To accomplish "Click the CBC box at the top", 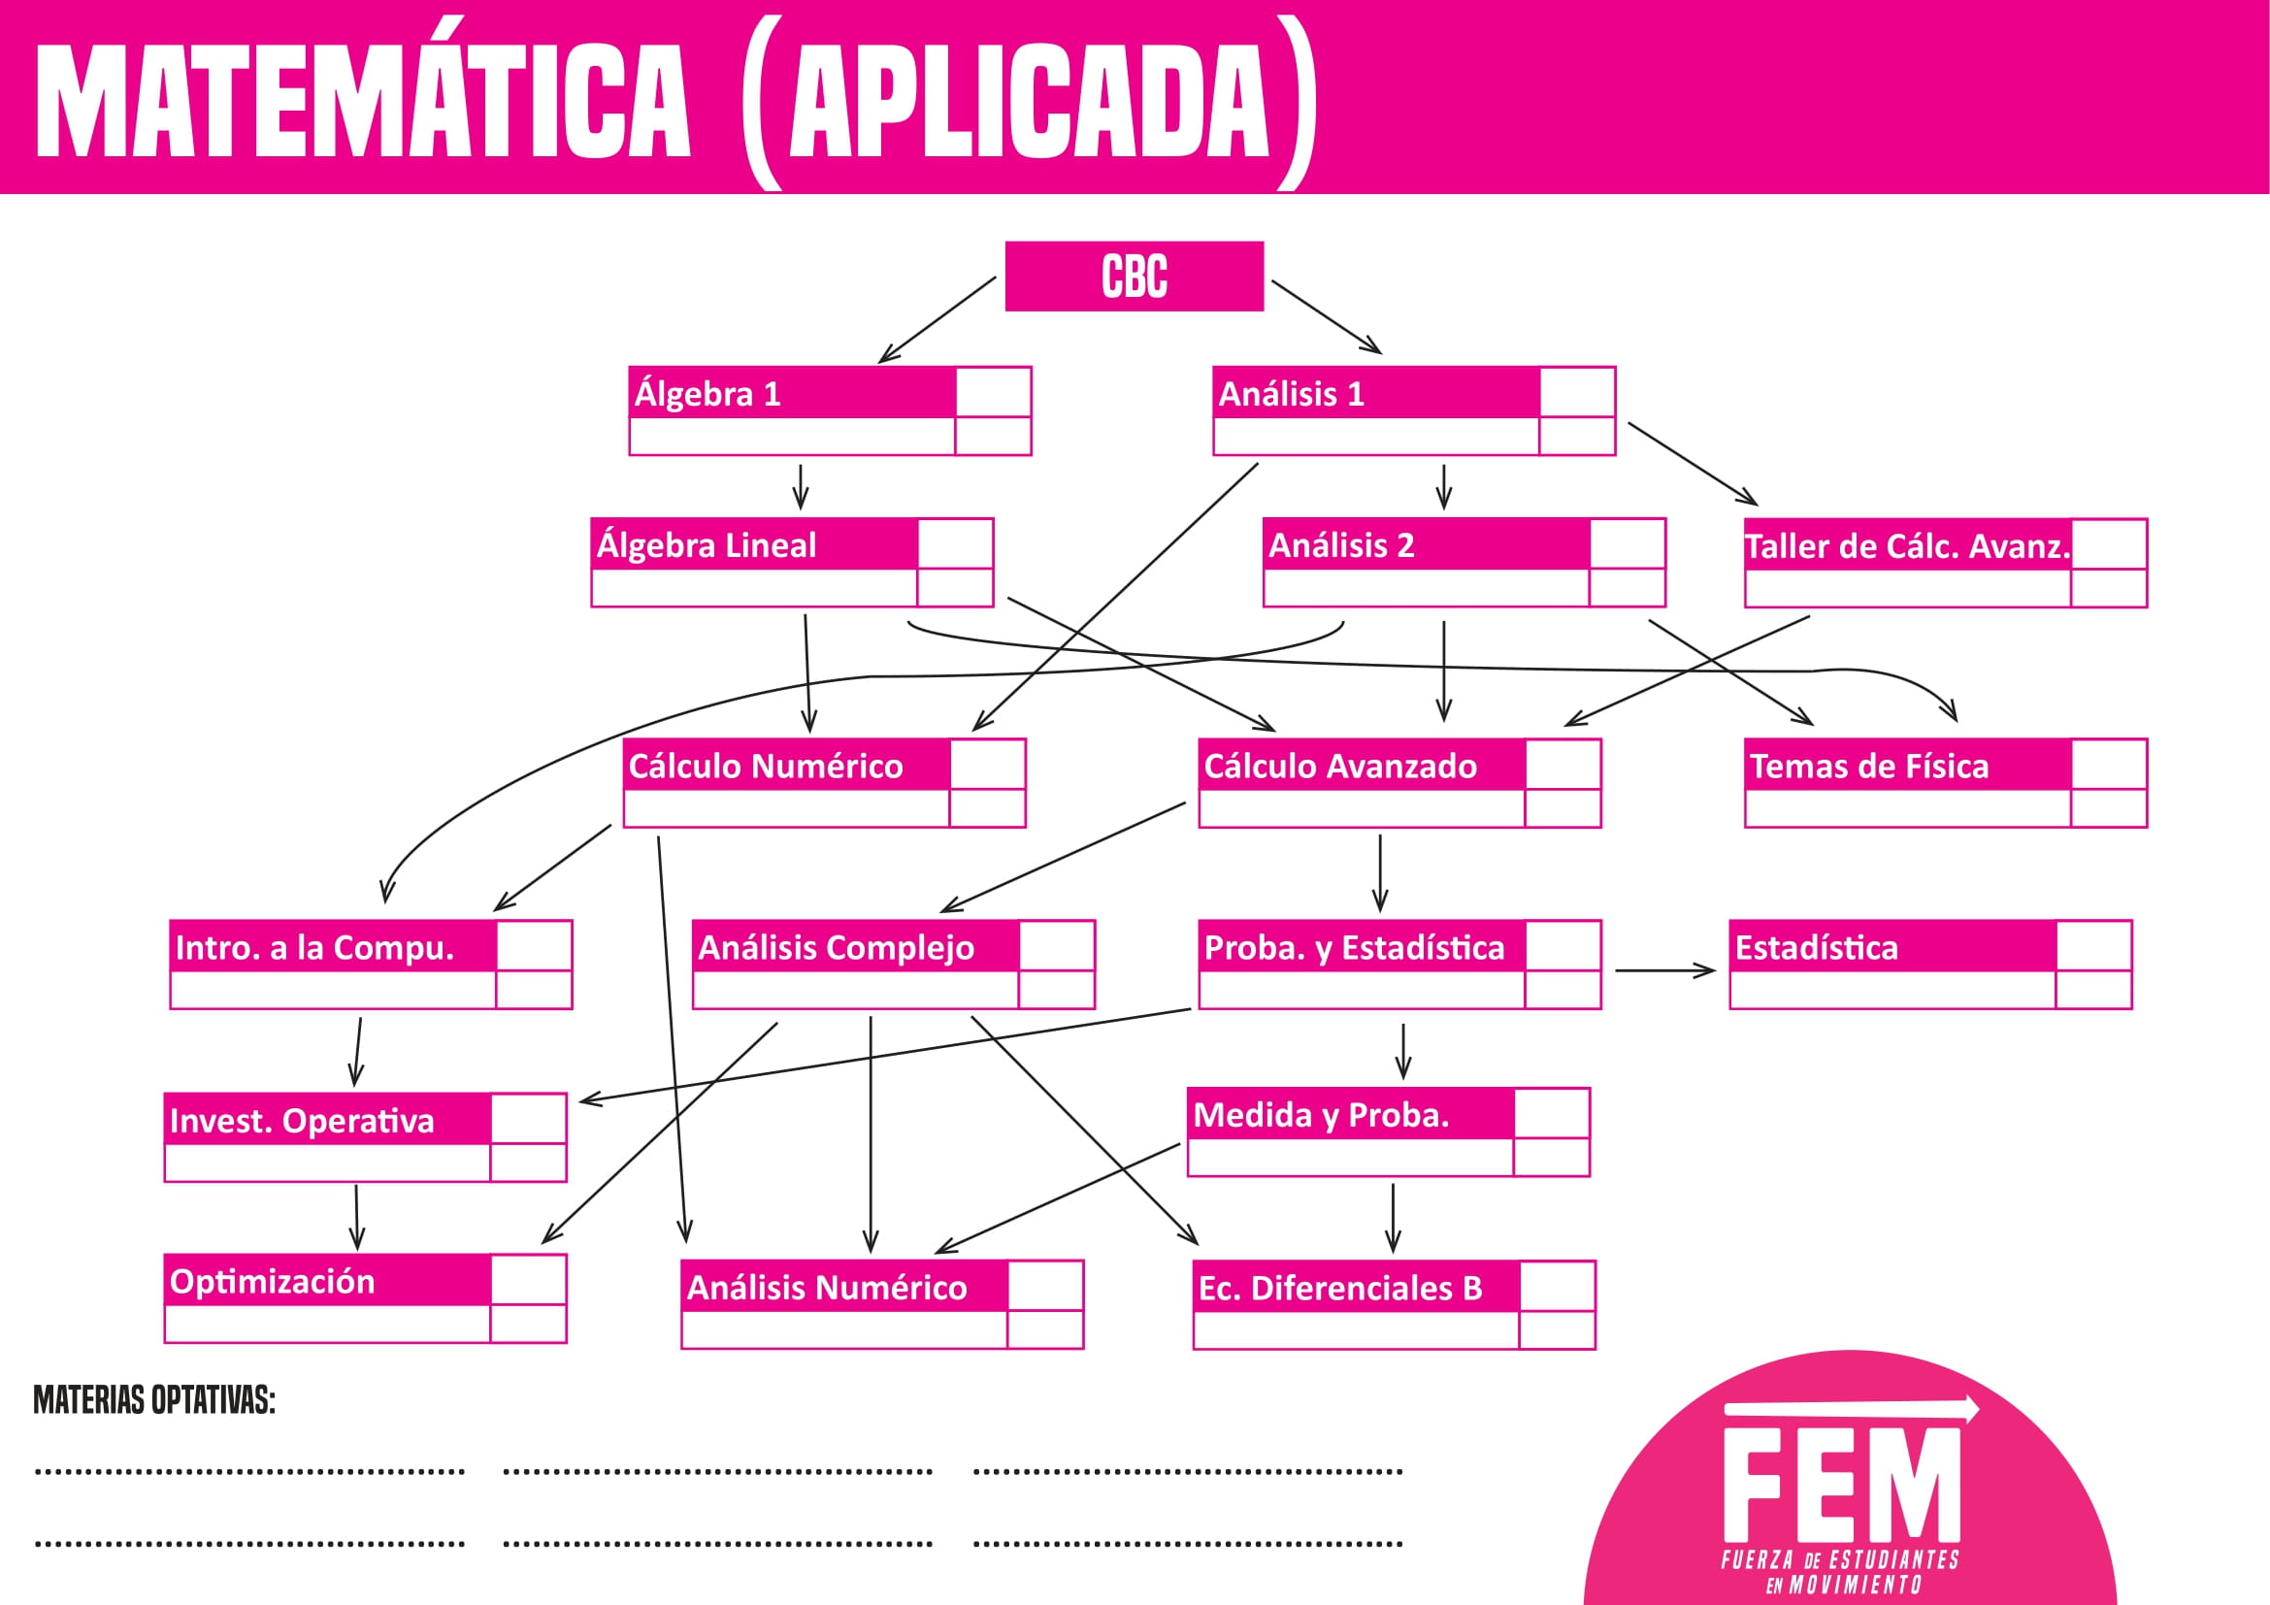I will tap(1134, 276).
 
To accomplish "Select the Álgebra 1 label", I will tap(707, 394).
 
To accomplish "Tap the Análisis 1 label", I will tap(1291, 394).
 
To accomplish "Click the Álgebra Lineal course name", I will tap(707, 545).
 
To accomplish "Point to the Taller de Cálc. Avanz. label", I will tap(1906, 546).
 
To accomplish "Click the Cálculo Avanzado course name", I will tap(1340, 766).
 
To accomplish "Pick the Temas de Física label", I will tap(1868, 766).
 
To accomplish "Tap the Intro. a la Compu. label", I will tap(314, 948).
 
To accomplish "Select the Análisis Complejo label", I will tap(837, 948).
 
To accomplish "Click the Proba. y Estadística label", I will tap(1355, 948).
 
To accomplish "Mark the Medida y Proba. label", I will tap(1321, 1115).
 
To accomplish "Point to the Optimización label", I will tap(273, 1281).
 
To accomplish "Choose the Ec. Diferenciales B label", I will tap(1340, 1288).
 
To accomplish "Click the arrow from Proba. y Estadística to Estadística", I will tap(1665, 970).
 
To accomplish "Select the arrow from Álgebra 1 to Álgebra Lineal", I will tap(801, 486).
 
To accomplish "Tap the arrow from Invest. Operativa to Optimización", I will tap(357, 1218).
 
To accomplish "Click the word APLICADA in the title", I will tap(1028, 102).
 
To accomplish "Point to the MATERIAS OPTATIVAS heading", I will tap(154, 1399).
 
